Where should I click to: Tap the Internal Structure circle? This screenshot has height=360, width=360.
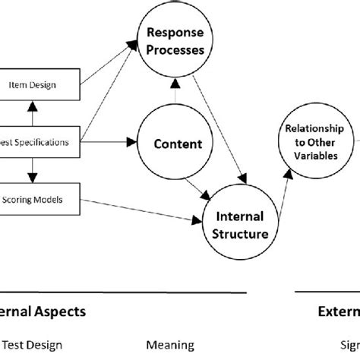(241, 226)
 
